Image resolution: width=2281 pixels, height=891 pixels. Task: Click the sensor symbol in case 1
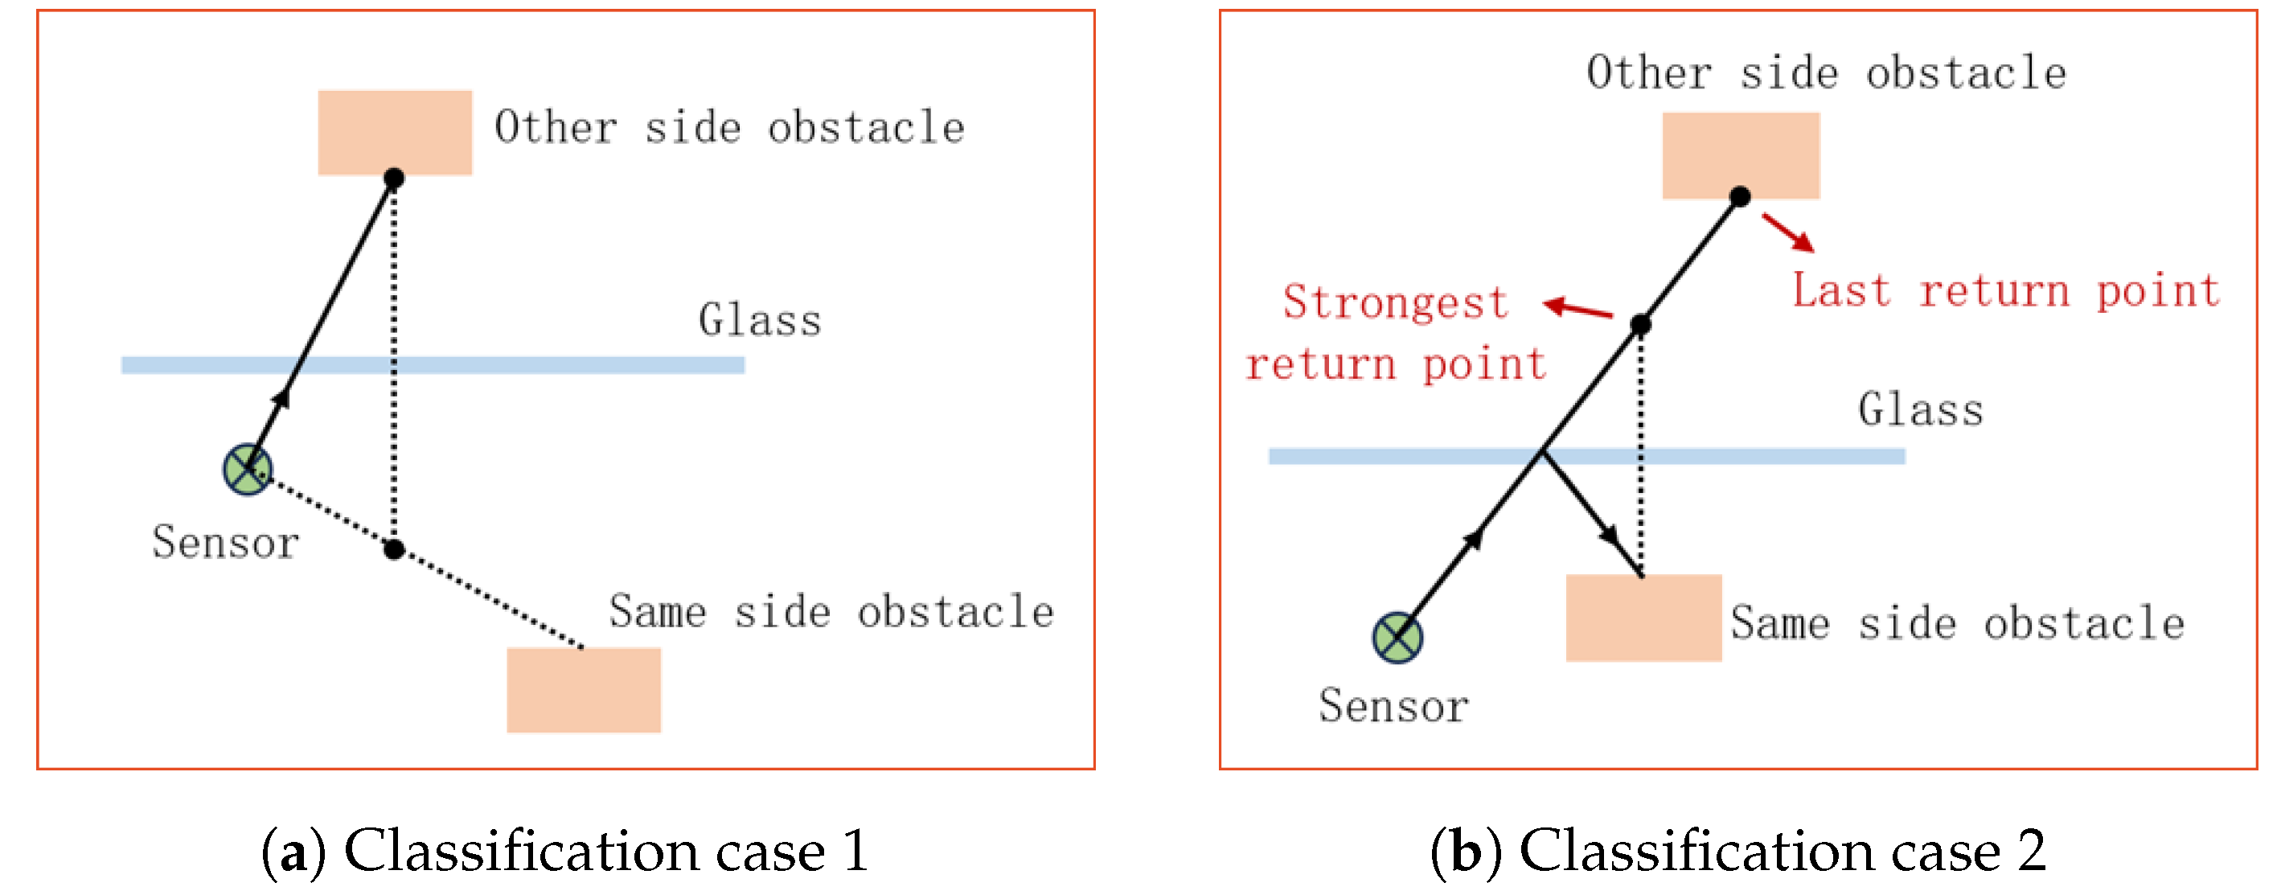pyautogui.click(x=247, y=470)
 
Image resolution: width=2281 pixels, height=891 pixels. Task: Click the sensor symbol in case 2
pyautogui.click(x=1397, y=637)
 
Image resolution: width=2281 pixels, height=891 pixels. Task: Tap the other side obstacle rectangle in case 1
pyautogui.click(x=395, y=131)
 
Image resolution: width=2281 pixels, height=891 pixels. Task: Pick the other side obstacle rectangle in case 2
pyautogui.click(x=1740, y=154)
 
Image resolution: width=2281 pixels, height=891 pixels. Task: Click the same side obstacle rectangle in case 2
pyautogui.click(x=1643, y=618)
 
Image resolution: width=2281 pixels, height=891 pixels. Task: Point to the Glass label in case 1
pyautogui.click(x=759, y=320)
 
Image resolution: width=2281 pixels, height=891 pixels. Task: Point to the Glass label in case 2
pyautogui.click(x=1920, y=409)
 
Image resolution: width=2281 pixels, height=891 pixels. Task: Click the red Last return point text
pyautogui.click(x=2005, y=290)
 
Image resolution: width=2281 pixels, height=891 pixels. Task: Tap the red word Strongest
pyautogui.click(x=1395, y=302)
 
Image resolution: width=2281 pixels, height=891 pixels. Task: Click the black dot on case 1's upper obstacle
pyautogui.click(x=394, y=178)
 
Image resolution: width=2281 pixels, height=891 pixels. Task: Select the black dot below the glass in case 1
pyautogui.click(x=394, y=549)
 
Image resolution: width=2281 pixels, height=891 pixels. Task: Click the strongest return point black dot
pyautogui.click(x=1640, y=324)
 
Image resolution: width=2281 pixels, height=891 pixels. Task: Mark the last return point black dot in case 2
pyautogui.click(x=1740, y=195)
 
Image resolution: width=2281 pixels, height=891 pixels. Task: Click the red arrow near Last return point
pyautogui.click(x=1788, y=232)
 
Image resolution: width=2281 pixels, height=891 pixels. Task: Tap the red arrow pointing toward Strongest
pyautogui.click(x=1577, y=308)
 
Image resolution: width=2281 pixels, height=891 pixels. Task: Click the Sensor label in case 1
pyautogui.click(x=225, y=541)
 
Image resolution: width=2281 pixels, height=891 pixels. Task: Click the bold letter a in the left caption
pyautogui.click(x=292, y=852)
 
